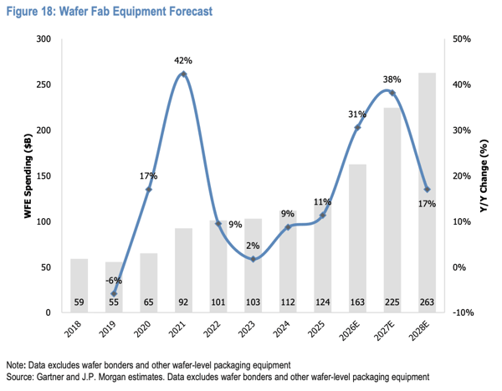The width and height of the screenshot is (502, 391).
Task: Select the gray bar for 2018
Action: [x=79, y=286]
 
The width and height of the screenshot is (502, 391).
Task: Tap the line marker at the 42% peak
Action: [x=183, y=74]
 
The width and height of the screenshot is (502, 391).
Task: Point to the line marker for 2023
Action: [x=253, y=259]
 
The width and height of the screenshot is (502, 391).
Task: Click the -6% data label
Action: [x=114, y=281]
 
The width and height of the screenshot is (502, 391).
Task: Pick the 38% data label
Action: [x=392, y=79]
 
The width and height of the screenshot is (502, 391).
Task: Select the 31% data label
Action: [x=357, y=114]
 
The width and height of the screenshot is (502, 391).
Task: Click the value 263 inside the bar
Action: [x=427, y=302]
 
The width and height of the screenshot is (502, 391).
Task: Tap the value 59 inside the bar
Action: [x=79, y=302]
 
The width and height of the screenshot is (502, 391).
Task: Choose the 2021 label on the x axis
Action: [x=177, y=329]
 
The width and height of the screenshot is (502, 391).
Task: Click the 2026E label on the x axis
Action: [x=350, y=331]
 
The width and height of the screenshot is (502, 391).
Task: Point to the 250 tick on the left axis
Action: [x=44, y=84]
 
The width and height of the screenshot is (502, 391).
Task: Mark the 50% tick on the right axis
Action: [x=462, y=39]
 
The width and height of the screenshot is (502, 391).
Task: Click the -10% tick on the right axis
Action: [x=463, y=312]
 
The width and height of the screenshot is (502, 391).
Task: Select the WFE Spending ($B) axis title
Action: [x=28, y=175]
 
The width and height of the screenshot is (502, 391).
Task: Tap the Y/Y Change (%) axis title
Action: [x=484, y=176]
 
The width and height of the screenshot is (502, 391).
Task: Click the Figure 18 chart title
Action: [x=110, y=12]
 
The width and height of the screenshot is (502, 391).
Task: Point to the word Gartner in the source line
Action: [x=48, y=378]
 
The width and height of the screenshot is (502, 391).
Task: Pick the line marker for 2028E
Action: [x=427, y=190]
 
